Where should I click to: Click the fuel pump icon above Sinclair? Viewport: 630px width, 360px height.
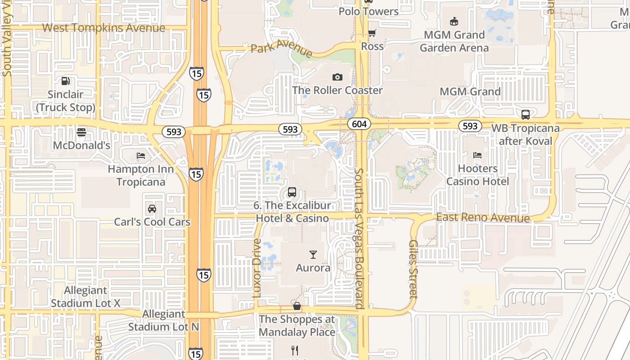tap(66, 81)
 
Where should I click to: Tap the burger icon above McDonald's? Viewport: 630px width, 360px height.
tap(81, 132)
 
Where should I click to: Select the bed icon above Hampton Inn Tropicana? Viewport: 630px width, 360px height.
tap(141, 156)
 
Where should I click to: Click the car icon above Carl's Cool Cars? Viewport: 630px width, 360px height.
tap(152, 209)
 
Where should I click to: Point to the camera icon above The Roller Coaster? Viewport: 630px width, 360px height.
tap(337, 77)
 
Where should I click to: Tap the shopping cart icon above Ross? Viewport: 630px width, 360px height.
tap(372, 33)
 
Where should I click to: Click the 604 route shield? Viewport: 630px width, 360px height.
tap(359, 124)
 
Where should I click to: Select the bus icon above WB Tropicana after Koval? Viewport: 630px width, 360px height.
tap(525, 115)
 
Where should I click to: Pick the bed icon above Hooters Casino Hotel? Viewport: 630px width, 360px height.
tap(477, 155)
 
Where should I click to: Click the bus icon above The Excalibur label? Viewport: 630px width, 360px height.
tap(292, 192)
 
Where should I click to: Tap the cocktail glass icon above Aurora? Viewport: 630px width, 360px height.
tap(313, 255)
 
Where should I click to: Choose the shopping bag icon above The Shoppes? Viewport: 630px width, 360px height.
tap(297, 306)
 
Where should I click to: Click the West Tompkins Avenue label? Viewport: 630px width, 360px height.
tap(103, 28)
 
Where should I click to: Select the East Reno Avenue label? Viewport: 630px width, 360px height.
tap(483, 218)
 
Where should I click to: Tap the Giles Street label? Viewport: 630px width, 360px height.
tap(413, 269)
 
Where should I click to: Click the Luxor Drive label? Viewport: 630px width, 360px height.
tap(257, 268)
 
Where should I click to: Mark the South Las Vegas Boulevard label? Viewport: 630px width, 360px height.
tap(359, 238)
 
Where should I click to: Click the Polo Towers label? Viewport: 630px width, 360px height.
tap(369, 12)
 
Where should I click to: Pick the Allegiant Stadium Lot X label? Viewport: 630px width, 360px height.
tap(85, 297)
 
